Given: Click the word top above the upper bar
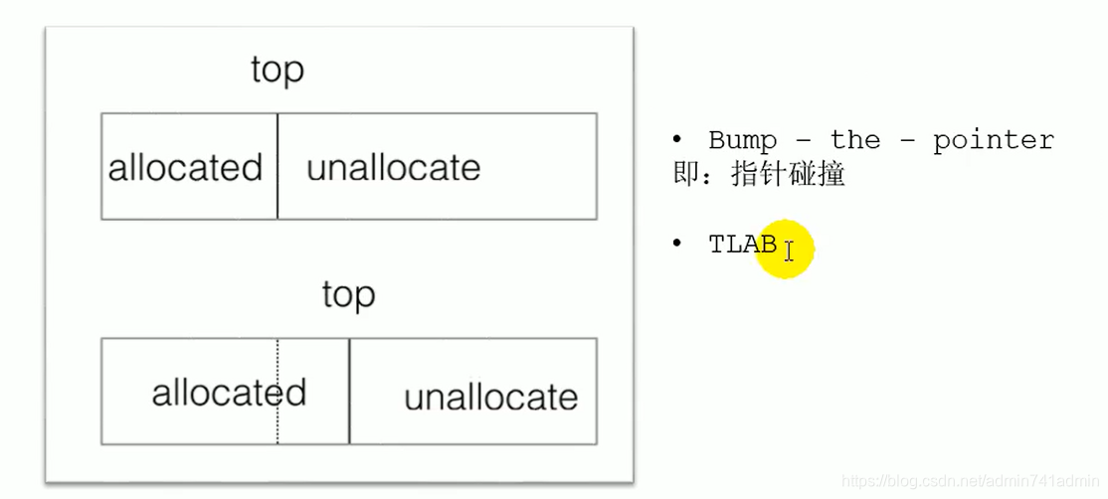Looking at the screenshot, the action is click(x=277, y=71).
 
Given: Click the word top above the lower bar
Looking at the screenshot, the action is click(x=348, y=295).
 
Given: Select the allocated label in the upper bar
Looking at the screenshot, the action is click(x=185, y=167).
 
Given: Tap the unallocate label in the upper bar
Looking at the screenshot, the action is click(x=393, y=167).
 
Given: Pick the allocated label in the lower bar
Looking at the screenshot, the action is click(x=229, y=393).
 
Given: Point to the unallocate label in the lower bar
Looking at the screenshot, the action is click(x=490, y=398).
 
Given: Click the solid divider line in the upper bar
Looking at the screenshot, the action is click(x=277, y=189).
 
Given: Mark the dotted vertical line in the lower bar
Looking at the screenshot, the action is click(x=277, y=427).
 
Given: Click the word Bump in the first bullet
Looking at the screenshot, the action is click(x=742, y=140).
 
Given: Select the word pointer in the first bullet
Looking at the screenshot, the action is click(x=993, y=140).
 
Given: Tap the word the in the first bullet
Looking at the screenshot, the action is click(x=855, y=140).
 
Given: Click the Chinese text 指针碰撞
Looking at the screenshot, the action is click(x=788, y=175).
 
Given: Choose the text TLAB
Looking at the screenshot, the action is click(x=742, y=245).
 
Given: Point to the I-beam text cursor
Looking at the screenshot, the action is click(x=789, y=250).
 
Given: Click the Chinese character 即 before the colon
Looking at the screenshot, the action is click(x=685, y=175).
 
